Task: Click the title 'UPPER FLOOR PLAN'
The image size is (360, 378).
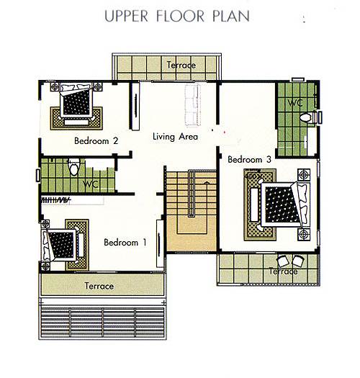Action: point(177,16)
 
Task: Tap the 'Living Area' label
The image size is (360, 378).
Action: point(175,137)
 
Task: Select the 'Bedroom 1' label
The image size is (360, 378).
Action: point(125,242)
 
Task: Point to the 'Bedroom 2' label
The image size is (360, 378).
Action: point(96,140)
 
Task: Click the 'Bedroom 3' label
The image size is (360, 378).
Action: point(250,159)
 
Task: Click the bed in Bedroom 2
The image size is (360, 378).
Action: point(76,100)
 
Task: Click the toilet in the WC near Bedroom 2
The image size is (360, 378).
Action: point(73,166)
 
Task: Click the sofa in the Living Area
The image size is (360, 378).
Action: point(192,105)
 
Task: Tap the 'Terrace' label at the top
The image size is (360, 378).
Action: point(181,65)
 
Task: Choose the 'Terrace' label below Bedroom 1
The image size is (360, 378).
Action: point(99,286)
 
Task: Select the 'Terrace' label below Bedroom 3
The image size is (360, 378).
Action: point(284,271)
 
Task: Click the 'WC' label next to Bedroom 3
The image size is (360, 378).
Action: point(295,103)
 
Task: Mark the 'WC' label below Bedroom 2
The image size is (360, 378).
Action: point(91,184)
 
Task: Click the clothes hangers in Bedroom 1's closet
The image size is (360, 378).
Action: point(56,200)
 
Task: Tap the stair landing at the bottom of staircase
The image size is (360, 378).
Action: point(192,233)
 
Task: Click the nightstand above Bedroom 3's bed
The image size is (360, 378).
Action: point(304,174)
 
